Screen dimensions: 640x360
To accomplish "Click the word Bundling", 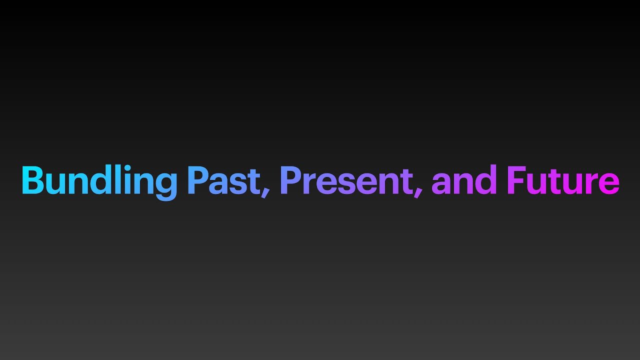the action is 99,182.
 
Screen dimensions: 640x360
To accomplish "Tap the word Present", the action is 346,180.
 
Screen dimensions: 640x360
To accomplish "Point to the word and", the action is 464,179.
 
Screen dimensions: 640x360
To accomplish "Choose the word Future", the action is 563,180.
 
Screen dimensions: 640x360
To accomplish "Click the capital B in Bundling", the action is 33,180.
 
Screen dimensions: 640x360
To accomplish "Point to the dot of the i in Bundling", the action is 127,167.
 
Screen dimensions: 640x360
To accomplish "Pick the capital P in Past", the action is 199,180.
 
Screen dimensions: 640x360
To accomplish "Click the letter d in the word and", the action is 485,179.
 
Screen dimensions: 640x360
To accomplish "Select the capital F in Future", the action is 516,180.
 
